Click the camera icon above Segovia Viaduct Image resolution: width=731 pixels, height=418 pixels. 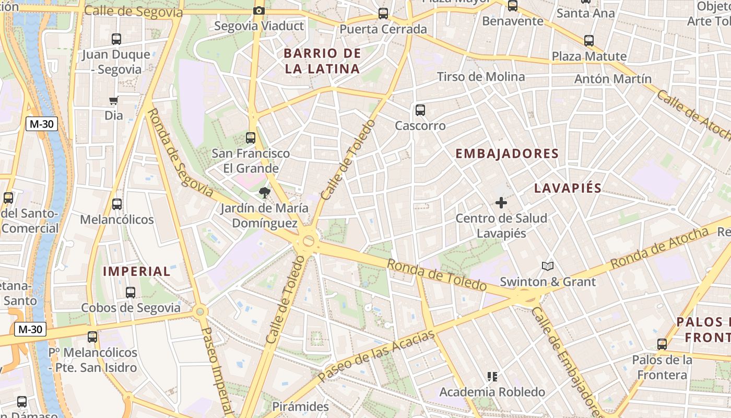258,10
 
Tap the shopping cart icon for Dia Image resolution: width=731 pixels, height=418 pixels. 114,100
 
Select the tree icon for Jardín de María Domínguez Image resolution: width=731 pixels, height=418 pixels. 265,193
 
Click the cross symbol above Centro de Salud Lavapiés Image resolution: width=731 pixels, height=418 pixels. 501,203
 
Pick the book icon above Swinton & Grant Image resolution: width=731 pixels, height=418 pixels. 547,266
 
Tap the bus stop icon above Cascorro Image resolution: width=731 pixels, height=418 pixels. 420,110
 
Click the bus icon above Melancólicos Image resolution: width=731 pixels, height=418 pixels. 117,204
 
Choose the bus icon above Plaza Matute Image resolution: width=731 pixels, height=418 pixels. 589,41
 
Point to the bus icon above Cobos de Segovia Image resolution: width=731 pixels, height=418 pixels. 131,293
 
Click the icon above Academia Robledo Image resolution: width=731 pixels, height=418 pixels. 491,376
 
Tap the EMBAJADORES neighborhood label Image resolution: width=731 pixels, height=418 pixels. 507,154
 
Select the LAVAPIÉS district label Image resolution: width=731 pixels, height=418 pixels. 568,188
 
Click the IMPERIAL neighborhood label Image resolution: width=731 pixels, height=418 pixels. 137,271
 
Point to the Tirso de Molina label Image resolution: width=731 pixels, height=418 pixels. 481,77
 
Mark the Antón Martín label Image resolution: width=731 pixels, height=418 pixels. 612,79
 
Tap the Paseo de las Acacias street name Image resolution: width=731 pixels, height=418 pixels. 376,355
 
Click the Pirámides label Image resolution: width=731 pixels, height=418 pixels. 301,407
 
